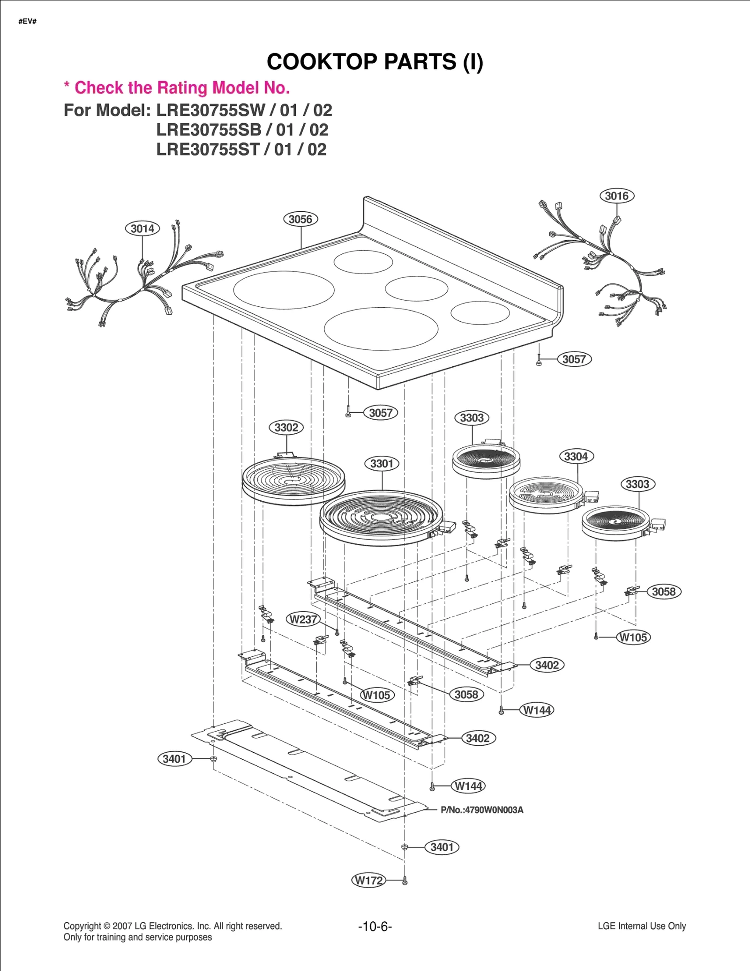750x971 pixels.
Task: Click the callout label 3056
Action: (300, 219)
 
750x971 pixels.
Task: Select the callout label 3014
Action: (142, 229)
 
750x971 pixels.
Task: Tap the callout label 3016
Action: (616, 196)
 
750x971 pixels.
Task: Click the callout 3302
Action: (286, 427)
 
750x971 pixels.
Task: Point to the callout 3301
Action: (382, 464)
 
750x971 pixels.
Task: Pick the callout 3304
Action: (576, 456)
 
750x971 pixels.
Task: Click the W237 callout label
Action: (303, 619)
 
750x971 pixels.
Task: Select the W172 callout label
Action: (369, 880)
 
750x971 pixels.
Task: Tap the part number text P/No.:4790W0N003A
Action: (482, 810)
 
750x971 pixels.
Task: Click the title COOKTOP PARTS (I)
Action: (375, 62)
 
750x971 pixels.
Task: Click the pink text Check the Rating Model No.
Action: (182, 88)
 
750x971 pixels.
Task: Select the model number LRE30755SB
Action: (209, 130)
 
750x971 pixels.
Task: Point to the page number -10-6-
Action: (375, 926)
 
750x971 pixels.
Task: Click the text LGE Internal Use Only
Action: (641, 926)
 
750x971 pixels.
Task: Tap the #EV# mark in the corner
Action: (28, 22)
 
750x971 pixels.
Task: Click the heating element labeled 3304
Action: (546, 496)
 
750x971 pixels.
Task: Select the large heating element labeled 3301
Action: (381, 518)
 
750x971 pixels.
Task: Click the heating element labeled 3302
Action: (293, 480)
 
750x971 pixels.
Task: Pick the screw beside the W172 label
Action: (405, 881)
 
